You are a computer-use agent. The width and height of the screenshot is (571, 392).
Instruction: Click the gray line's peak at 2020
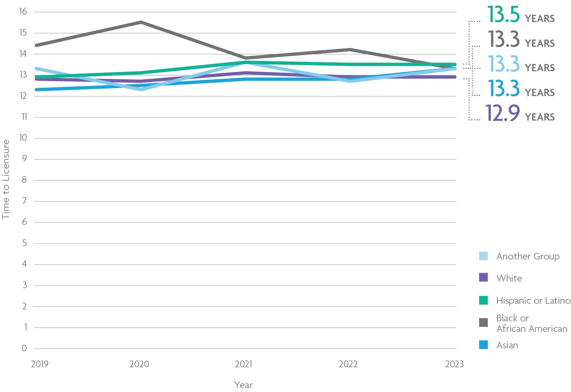pyautogui.click(x=141, y=22)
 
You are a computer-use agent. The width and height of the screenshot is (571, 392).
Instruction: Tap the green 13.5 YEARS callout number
pyautogui.click(x=503, y=14)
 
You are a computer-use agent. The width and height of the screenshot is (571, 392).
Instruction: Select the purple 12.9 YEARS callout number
pyautogui.click(x=502, y=113)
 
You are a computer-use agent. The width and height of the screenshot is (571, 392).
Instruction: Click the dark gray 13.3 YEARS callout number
pyautogui.click(x=503, y=39)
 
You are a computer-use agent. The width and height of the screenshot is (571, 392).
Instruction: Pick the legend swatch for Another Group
pyautogui.click(x=483, y=256)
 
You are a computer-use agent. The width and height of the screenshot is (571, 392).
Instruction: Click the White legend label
pyautogui.click(x=509, y=278)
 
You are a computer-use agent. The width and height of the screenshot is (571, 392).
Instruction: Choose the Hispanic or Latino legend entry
pyautogui.click(x=533, y=300)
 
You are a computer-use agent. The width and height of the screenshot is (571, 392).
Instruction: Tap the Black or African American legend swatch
pyautogui.click(x=483, y=323)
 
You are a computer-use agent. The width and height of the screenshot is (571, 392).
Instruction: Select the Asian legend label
pyautogui.click(x=507, y=345)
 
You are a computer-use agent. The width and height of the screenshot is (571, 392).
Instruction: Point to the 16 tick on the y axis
pyautogui.click(x=23, y=11)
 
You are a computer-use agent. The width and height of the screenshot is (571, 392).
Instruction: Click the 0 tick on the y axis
pyautogui.click(x=24, y=348)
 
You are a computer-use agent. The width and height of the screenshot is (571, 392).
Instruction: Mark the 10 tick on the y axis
pyautogui.click(x=23, y=138)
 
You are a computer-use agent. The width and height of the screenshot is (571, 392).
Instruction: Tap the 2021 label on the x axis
pyautogui.click(x=243, y=364)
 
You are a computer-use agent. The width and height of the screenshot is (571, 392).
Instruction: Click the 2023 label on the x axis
pyautogui.click(x=454, y=364)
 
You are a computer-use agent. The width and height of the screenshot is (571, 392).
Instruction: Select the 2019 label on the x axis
pyautogui.click(x=40, y=364)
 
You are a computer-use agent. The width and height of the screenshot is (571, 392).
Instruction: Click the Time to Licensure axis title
pyautogui.click(x=6, y=180)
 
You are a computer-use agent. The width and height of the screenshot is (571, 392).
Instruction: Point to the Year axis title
pyautogui.click(x=243, y=385)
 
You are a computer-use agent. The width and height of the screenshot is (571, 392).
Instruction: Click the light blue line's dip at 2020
pyautogui.click(x=141, y=89)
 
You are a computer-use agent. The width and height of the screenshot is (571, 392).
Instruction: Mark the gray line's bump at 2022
pyautogui.click(x=350, y=50)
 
